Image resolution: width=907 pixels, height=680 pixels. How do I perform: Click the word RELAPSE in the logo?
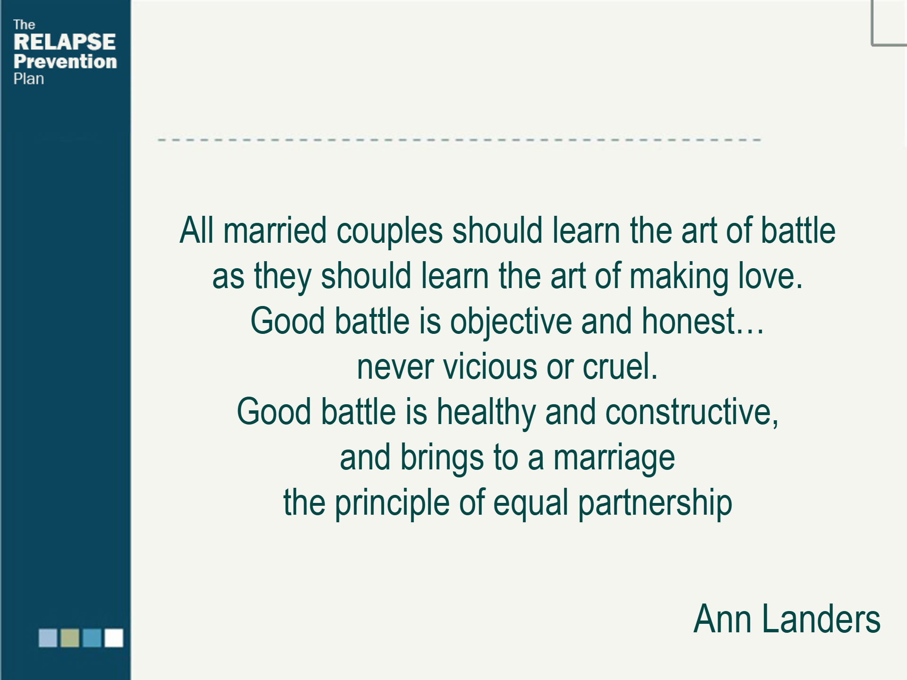[x=65, y=42]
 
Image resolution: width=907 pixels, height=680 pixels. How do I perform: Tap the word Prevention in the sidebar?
[x=65, y=61]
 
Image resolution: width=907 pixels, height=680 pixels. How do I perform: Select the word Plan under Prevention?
[x=28, y=79]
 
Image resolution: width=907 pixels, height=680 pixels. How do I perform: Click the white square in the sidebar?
[x=114, y=638]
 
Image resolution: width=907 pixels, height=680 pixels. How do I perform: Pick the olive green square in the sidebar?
[x=70, y=638]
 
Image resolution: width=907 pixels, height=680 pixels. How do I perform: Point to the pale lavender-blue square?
[x=48, y=638]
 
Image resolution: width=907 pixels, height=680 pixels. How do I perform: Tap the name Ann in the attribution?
[x=722, y=619]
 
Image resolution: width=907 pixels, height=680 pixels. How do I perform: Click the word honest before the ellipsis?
[x=688, y=321]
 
